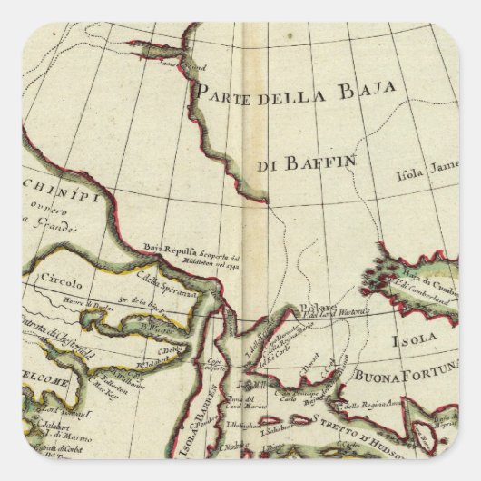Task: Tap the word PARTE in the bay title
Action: point(224,91)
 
